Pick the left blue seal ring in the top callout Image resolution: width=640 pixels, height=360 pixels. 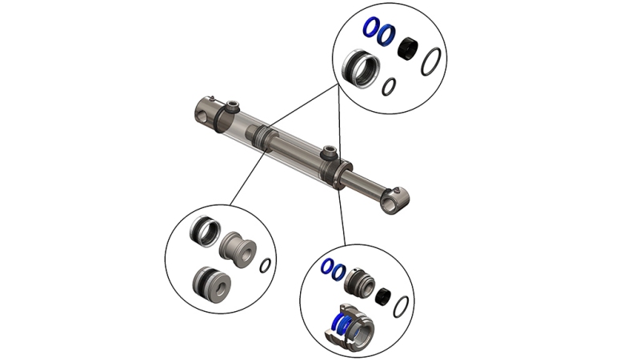[x=370, y=29]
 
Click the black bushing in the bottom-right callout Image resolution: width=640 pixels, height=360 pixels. [x=382, y=296]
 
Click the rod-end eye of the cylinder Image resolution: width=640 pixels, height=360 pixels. [x=394, y=198]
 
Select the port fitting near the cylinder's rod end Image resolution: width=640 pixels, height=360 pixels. [x=327, y=151]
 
